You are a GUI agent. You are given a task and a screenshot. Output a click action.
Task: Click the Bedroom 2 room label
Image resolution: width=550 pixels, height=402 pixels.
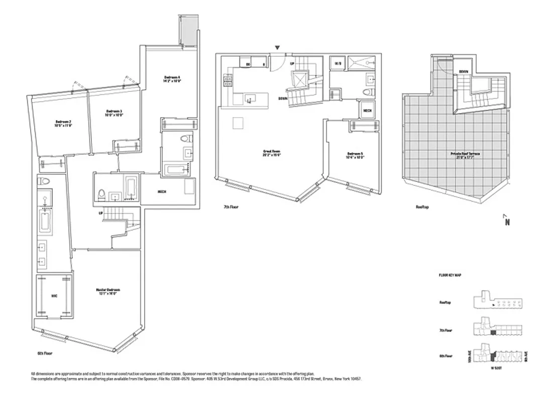point(63,124)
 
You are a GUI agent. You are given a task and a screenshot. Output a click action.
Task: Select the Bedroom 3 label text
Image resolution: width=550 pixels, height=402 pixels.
point(115,113)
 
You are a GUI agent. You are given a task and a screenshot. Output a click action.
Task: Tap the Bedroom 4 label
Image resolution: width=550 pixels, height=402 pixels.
point(171,79)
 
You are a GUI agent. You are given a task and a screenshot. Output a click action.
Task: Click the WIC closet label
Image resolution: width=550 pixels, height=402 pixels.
point(54,296)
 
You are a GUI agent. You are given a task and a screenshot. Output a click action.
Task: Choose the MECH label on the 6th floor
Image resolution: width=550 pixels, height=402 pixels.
point(162,191)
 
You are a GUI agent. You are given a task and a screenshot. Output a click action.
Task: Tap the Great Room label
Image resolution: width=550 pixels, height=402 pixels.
point(271,153)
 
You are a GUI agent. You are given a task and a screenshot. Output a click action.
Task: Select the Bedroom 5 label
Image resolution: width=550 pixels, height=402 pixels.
point(355,155)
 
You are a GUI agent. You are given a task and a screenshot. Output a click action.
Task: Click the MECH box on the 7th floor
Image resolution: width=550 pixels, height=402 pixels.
point(367,110)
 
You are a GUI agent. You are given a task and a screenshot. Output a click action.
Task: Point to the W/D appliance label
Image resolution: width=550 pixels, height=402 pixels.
point(336,64)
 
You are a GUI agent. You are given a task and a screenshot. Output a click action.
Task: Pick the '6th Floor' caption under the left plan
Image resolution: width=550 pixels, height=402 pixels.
point(45,354)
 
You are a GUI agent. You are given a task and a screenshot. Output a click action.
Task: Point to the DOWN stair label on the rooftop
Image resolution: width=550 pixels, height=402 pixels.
point(463,72)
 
